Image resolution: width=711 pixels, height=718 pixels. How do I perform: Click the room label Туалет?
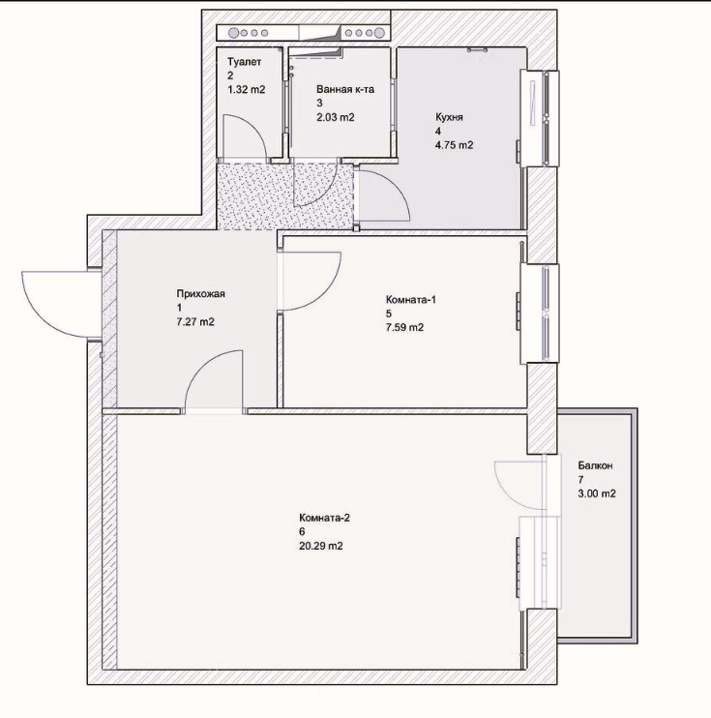click(245, 62)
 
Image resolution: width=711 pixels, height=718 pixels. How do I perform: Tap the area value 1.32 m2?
click(247, 89)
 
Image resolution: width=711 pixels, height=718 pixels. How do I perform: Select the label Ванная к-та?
click(345, 89)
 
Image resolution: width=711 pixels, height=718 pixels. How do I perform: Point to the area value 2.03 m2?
click(336, 117)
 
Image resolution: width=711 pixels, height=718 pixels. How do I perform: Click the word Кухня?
click(449, 117)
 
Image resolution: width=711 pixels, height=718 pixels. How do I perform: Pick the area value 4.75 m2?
click(454, 145)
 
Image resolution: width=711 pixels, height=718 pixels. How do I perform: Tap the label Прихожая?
click(200, 293)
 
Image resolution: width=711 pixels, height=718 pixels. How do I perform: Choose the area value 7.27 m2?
click(195, 322)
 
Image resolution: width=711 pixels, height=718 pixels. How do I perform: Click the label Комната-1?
click(411, 299)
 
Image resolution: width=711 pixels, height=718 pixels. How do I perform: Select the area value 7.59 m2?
click(404, 327)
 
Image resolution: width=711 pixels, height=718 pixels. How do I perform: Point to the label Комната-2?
click(325, 518)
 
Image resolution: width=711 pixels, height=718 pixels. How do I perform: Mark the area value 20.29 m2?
click(321, 546)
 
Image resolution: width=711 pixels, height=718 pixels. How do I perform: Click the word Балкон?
click(595, 465)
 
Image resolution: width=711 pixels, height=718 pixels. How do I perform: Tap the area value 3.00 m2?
click(597, 494)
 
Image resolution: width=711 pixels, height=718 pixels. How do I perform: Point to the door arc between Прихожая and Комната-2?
click(199, 364)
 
